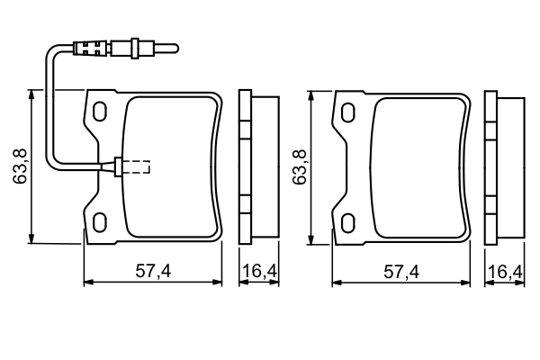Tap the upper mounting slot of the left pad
pos(100,111)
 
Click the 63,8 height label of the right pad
pos(300,166)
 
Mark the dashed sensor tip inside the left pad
pos(137,166)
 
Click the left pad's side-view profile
pos(256,166)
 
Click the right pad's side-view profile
pos(504,166)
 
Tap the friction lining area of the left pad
pos(171,166)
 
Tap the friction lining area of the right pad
pos(418,166)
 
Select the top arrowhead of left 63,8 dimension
pos(31,94)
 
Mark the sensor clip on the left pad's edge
pos(114,166)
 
